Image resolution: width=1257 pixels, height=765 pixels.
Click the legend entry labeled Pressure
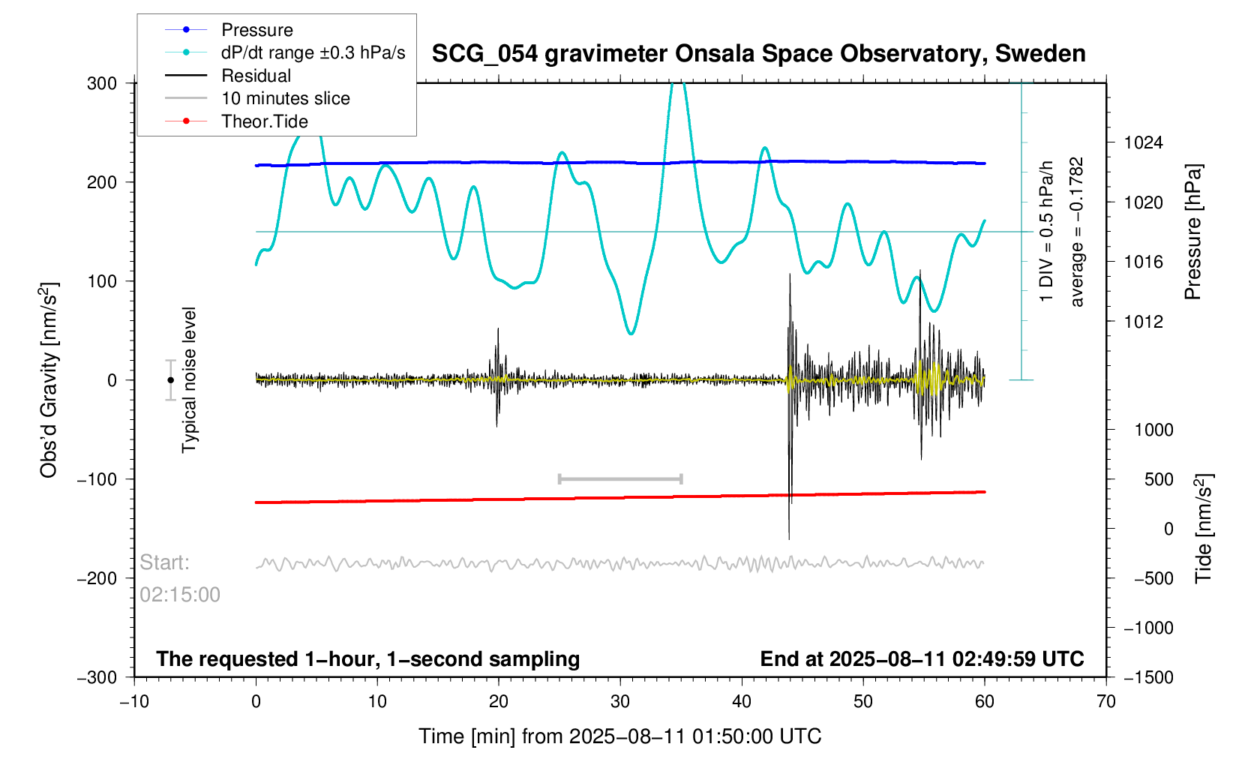click(x=256, y=30)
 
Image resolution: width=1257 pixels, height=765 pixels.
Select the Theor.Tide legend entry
click(x=264, y=121)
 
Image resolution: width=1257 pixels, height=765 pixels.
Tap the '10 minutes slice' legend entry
click(x=285, y=98)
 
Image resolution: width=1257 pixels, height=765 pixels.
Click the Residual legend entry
click(x=256, y=76)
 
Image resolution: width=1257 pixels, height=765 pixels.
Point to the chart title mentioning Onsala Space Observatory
click(x=758, y=54)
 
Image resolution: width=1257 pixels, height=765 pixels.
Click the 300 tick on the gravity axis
click(x=102, y=83)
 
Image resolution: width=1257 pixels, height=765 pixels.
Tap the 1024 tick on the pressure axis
click(x=1143, y=143)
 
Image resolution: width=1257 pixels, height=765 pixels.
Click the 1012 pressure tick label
click(x=1143, y=322)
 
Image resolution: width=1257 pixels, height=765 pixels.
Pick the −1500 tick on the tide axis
click(x=1147, y=677)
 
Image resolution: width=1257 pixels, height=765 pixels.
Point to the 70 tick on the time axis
click(x=1105, y=702)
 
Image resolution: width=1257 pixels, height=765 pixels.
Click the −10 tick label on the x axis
click(x=134, y=702)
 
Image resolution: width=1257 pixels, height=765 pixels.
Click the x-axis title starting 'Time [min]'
click(x=619, y=736)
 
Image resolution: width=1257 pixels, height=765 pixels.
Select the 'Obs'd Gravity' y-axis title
click(x=49, y=380)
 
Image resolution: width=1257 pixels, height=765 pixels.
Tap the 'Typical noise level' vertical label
click(x=189, y=380)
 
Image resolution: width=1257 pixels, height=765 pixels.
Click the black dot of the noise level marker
click(x=170, y=380)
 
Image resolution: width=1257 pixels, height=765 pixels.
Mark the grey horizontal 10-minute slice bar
click(x=620, y=478)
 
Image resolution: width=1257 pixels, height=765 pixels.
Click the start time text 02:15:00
click(x=180, y=595)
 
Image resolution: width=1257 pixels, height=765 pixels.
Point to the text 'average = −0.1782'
click(x=1077, y=232)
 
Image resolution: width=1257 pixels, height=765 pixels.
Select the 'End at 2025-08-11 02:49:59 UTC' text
click(x=922, y=659)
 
